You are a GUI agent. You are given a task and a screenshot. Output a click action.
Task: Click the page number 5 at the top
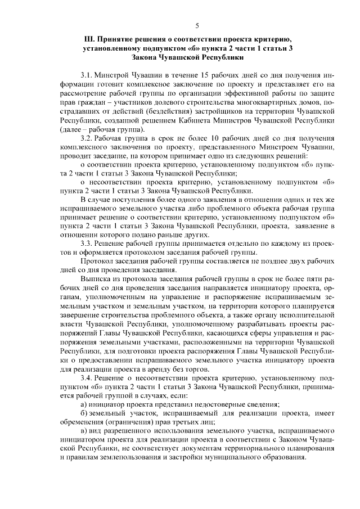point(197,25)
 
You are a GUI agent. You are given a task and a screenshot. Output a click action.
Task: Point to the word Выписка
point(96,279)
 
